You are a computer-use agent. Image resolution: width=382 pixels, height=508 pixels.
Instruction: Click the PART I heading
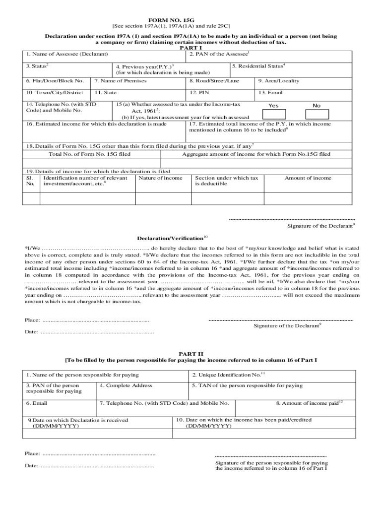(190, 48)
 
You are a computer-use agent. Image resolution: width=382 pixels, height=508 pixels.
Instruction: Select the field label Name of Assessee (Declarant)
(67, 54)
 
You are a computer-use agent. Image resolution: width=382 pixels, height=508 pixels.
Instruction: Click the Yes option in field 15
(273, 106)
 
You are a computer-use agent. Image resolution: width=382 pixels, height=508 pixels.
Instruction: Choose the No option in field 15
(317, 106)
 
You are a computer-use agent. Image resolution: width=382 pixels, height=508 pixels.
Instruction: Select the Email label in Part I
(270, 93)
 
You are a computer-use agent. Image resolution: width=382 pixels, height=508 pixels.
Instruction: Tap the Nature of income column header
(161, 178)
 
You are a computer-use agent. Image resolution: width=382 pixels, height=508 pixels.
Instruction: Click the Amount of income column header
(308, 178)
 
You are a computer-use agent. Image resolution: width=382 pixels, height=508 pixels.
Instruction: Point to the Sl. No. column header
(30, 181)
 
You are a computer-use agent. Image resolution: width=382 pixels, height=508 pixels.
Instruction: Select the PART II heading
(191, 354)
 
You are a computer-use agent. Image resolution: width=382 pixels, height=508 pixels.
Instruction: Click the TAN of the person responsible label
(247, 385)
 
